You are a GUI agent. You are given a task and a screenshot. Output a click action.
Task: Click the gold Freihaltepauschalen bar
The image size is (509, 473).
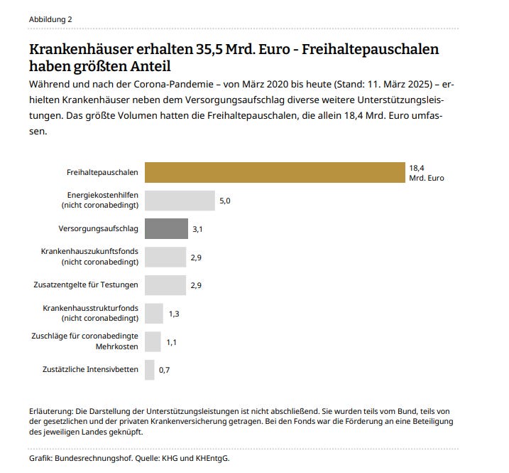coord(274,173)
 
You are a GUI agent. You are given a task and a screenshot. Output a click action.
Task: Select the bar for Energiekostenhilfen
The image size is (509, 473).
coord(180,201)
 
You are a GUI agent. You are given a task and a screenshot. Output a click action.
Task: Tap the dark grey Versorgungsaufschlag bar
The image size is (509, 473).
coord(166,229)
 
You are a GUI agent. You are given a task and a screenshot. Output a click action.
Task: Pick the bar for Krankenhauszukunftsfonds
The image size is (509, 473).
coord(165,257)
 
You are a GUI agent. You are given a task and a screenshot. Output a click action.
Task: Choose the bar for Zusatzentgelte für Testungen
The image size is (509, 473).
coord(165,285)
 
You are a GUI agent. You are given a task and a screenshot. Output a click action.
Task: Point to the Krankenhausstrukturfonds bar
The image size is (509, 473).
coord(153,313)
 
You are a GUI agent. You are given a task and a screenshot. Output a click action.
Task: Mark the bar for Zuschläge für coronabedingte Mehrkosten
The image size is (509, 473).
coord(153,341)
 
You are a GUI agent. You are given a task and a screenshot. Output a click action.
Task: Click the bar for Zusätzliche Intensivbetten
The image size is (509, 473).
coord(149,370)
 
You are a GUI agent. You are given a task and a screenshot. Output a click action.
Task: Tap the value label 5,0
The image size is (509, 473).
coord(225,201)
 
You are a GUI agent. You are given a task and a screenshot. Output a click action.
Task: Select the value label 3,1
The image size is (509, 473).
coord(198,230)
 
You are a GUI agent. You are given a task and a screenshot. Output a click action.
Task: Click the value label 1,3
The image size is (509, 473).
coord(174,314)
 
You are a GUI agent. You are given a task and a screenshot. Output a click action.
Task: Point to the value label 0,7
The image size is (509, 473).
coord(165,371)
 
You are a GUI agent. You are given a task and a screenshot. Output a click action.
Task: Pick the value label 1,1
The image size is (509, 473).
coord(172,342)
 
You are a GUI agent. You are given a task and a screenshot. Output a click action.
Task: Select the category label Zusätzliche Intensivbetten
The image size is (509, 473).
coord(91,370)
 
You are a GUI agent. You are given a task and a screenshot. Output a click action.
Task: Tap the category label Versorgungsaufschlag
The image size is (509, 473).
coord(99,229)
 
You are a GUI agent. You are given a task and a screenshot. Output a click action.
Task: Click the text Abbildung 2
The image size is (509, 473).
coord(50,19)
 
